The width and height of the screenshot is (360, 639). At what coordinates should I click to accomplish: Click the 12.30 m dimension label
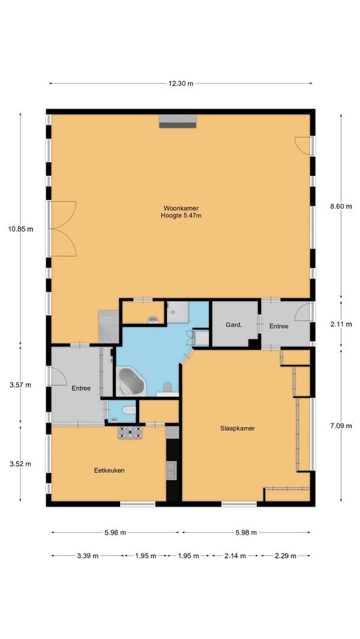181,83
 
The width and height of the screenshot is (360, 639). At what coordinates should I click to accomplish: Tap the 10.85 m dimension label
21,228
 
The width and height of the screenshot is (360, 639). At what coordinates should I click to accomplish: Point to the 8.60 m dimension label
340,206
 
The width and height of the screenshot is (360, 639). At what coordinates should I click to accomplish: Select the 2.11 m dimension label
340,324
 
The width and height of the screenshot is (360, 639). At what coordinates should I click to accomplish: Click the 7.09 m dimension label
340,425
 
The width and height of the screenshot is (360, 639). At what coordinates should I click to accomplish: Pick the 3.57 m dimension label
21,385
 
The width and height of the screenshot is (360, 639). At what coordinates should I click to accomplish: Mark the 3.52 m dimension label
21,463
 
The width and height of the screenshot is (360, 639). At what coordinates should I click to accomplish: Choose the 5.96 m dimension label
115,532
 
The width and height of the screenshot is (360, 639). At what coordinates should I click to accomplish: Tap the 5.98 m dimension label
245,532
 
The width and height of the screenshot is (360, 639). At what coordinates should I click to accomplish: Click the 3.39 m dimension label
88,556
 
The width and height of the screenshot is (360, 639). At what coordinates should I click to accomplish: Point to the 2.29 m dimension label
285,556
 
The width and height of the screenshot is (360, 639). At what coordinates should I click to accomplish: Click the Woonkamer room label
181,208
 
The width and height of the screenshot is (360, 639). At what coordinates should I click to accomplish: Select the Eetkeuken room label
109,470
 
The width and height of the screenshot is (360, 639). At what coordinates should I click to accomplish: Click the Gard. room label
232,325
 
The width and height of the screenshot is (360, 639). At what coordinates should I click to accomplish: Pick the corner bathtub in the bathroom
131,382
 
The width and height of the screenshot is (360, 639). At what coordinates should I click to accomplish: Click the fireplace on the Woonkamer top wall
177,121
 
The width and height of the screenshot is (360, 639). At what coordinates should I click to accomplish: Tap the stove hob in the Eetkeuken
130,433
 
